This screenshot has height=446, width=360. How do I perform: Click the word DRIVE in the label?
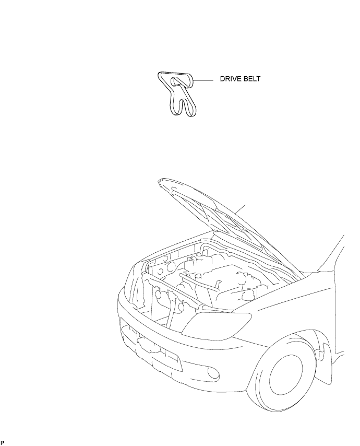point(231,80)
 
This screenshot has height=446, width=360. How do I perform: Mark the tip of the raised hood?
point(160,182)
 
